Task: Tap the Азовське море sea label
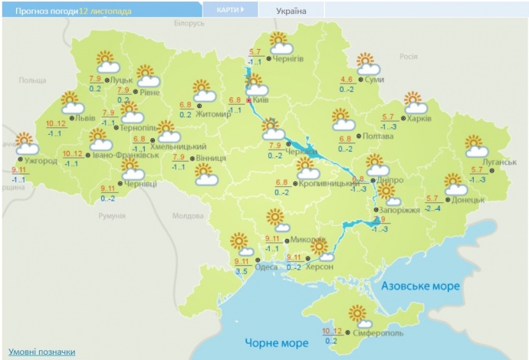pos(421,286)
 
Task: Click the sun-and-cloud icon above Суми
pos(368,64)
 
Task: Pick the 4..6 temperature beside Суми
pos(347,80)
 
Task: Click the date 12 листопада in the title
pos(104,11)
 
